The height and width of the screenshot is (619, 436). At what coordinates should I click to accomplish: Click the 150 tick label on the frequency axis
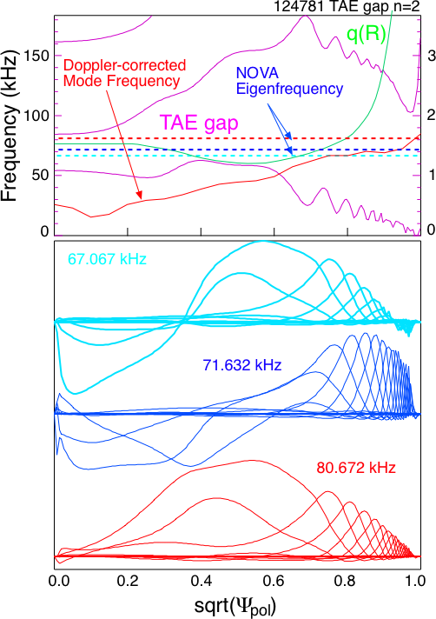click(36, 56)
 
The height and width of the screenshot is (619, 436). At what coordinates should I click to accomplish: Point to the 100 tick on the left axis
click(36, 116)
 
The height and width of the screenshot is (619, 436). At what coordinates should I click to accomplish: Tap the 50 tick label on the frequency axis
click(41, 175)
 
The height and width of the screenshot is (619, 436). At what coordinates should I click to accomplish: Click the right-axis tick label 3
click(432, 56)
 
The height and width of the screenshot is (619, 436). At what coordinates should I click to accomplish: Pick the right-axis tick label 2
click(432, 116)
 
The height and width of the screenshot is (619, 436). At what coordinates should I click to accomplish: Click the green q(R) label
click(367, 35)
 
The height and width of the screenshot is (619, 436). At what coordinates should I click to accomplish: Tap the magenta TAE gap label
click(199, 123)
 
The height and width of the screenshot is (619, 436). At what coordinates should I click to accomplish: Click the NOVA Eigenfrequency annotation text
click(289, 81)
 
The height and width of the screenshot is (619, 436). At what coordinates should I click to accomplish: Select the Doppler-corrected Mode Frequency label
click(124, 73)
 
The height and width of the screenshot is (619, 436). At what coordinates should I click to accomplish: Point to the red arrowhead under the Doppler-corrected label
click(140, 195)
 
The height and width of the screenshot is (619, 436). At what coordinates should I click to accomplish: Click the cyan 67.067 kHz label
click(107, 259)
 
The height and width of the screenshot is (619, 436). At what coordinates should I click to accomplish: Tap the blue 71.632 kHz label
click(242, 365)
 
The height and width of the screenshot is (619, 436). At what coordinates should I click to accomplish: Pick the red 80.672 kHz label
click(355, 468)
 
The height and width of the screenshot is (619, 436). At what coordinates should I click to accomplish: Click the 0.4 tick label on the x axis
click(201, 581)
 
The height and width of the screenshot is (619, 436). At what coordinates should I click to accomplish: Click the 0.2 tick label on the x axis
click(128, 581)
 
